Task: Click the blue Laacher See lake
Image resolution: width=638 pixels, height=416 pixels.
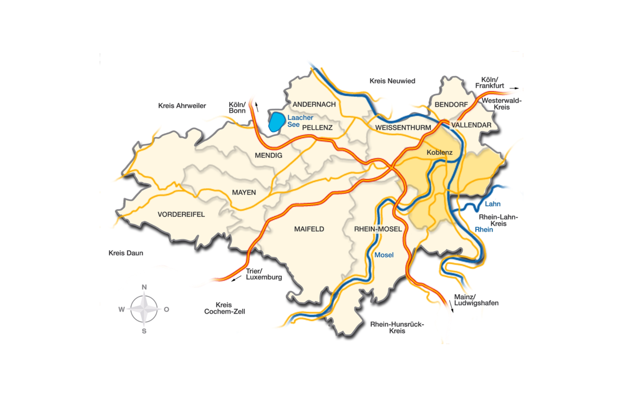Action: [277, 122]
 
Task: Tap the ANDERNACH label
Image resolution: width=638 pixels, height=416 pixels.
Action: [314, 104]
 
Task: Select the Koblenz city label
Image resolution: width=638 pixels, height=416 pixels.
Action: [439, 152]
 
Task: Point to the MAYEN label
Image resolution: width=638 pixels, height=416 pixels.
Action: [244, 192]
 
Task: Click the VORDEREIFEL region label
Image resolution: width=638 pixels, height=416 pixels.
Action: [181, 214]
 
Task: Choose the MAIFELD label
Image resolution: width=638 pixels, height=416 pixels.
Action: [309, 229]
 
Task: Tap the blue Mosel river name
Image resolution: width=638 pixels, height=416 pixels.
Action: [384, 255]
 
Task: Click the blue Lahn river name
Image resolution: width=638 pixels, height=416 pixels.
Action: [492, 204]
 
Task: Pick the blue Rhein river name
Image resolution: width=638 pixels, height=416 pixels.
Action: [484, 230]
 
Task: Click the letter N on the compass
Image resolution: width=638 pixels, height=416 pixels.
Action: [144, 287]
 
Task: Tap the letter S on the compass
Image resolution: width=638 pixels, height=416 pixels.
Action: [144, 331]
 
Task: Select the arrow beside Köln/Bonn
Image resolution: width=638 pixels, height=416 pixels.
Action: [257, 107]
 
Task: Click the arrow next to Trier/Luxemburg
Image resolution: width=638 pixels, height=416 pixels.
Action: [236, 279]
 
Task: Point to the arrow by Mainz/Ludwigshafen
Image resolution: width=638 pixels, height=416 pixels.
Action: [451, 306]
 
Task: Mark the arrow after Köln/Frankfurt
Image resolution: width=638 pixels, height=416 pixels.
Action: [514, 88]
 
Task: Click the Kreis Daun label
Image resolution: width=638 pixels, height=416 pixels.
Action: [126, 253]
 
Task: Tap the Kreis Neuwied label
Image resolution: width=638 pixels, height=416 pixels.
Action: [392, 81]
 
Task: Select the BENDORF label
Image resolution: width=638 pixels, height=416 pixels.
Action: [451, 104]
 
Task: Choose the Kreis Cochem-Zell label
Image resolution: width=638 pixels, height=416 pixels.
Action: [224, 308]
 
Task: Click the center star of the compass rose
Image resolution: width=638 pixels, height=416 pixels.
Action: [144, 309]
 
